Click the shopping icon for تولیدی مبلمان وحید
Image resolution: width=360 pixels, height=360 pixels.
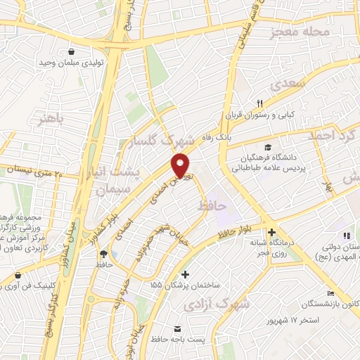[x=72, y=51]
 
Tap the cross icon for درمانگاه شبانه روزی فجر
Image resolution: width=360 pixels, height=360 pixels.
[x=271, y=233]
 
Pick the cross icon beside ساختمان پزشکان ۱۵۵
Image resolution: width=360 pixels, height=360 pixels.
[x=185, y=274]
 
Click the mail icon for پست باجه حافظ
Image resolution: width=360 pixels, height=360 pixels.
[x=176, y=329]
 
